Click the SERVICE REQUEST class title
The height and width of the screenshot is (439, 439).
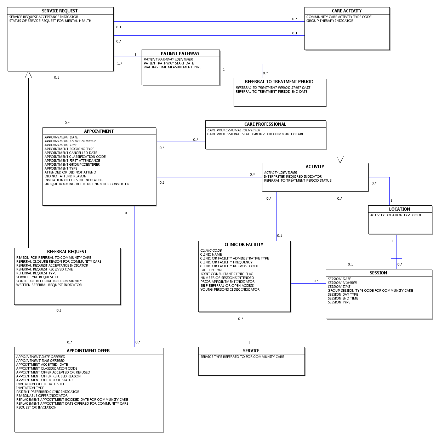coord(60,11)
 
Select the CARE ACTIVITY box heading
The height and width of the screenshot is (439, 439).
coord(347,11)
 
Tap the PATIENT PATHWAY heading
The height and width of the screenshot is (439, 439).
coord(180,53)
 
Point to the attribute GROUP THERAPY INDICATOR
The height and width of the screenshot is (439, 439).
coord(330,21)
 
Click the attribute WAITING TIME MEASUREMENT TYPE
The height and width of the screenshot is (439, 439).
coord(172,67)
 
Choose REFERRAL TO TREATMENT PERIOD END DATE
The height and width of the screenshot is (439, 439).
coord(272,92)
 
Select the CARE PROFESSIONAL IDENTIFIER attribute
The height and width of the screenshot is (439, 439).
coord(234,130)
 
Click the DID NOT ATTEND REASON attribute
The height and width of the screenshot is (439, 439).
coord(65,176)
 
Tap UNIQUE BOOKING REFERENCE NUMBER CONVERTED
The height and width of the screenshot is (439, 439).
coord(87,184)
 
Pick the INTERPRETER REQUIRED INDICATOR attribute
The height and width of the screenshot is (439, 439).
coord(293,177)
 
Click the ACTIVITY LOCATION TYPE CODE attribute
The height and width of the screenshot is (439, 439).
coord(396,215)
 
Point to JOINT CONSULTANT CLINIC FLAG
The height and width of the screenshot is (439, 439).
coord(227,274)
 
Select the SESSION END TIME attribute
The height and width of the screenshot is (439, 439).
coord(343,298)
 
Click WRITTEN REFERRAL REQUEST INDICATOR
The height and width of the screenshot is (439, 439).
coord(49,285)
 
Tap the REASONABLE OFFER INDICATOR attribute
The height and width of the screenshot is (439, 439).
coord(42,396)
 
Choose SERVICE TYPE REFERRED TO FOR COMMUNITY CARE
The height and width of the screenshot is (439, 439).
coord(242,357)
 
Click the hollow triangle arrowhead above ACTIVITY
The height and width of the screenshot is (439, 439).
coord(340,159)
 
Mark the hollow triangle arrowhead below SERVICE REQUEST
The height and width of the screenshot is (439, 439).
coord(28,75)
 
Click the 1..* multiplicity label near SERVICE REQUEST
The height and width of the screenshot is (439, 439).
coord(119,64)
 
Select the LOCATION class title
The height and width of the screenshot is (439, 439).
coord(400,209)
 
